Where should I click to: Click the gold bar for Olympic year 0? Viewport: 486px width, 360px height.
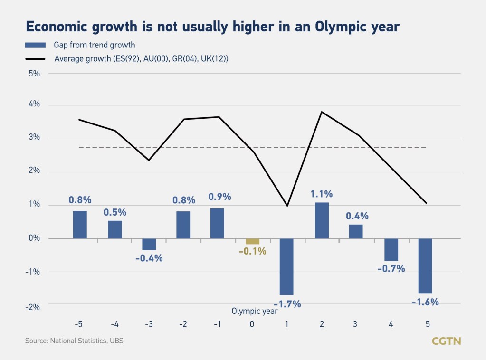coord(252,241)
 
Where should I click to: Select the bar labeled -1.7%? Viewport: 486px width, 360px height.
coord(286,266)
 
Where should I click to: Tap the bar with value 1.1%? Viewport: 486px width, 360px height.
coord(322,220)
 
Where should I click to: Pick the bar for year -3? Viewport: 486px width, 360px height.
coord(149,244)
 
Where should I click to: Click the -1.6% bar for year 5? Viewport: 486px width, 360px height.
coord(425,265)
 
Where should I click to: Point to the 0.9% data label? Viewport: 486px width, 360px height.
coord(220,197)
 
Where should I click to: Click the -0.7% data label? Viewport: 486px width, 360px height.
coord(391,268)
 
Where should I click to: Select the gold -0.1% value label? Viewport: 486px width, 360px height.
coord(252,251)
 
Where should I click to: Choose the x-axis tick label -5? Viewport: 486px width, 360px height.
coord(79,324)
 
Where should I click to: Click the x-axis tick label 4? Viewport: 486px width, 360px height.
coord(391,324)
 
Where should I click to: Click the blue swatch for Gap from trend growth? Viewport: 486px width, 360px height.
coord(35,46)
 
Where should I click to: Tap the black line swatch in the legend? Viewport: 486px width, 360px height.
coord(35,59)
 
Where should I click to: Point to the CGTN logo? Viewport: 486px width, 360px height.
coord(446,341)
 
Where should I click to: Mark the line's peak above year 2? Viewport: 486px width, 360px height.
coord(322,112)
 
